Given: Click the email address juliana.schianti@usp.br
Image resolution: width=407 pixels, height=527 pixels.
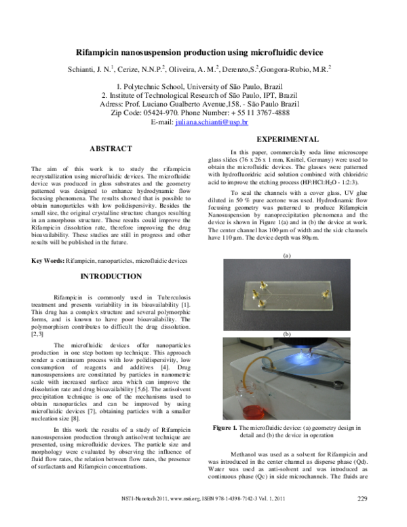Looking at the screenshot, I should tap(221, 122).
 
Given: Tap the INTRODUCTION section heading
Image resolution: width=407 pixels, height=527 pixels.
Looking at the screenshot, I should tap(111, 276).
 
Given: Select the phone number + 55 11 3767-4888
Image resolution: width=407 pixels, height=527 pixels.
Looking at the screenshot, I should tap(278, 113).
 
